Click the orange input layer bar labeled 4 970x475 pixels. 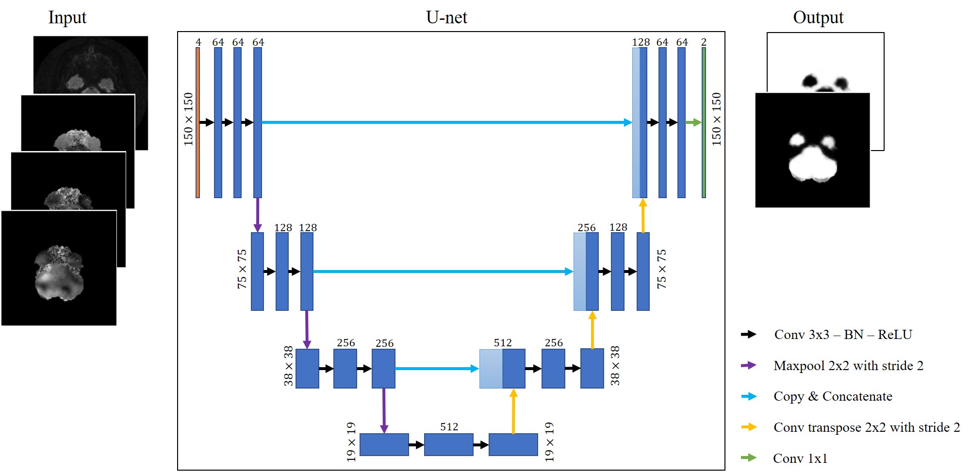(x=197, y=122)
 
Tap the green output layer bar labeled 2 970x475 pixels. (x=704, y=122)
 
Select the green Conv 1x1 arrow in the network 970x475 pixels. (x=693, y=122)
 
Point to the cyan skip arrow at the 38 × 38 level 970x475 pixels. (x=437, y=369)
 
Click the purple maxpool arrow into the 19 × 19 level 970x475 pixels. (x=384, y=410)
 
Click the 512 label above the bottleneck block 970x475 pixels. (x=449, y=426)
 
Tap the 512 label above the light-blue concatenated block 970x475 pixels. (x=503, y=342)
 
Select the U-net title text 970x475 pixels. (x=446, y=17)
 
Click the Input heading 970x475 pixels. (x=67, y=17)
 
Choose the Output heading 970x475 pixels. (x=818, y=17)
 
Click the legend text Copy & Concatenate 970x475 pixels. (x=833, y=396)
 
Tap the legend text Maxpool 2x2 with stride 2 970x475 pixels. (x=848, y=366)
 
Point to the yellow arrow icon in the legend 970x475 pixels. (x=749, y=427)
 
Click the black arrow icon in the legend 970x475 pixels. (x=749, y=334)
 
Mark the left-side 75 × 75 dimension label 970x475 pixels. (x=242, y=269)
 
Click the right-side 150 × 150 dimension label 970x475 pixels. (x=716, y=119)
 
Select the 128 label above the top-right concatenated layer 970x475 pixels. (x=641, y=42)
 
